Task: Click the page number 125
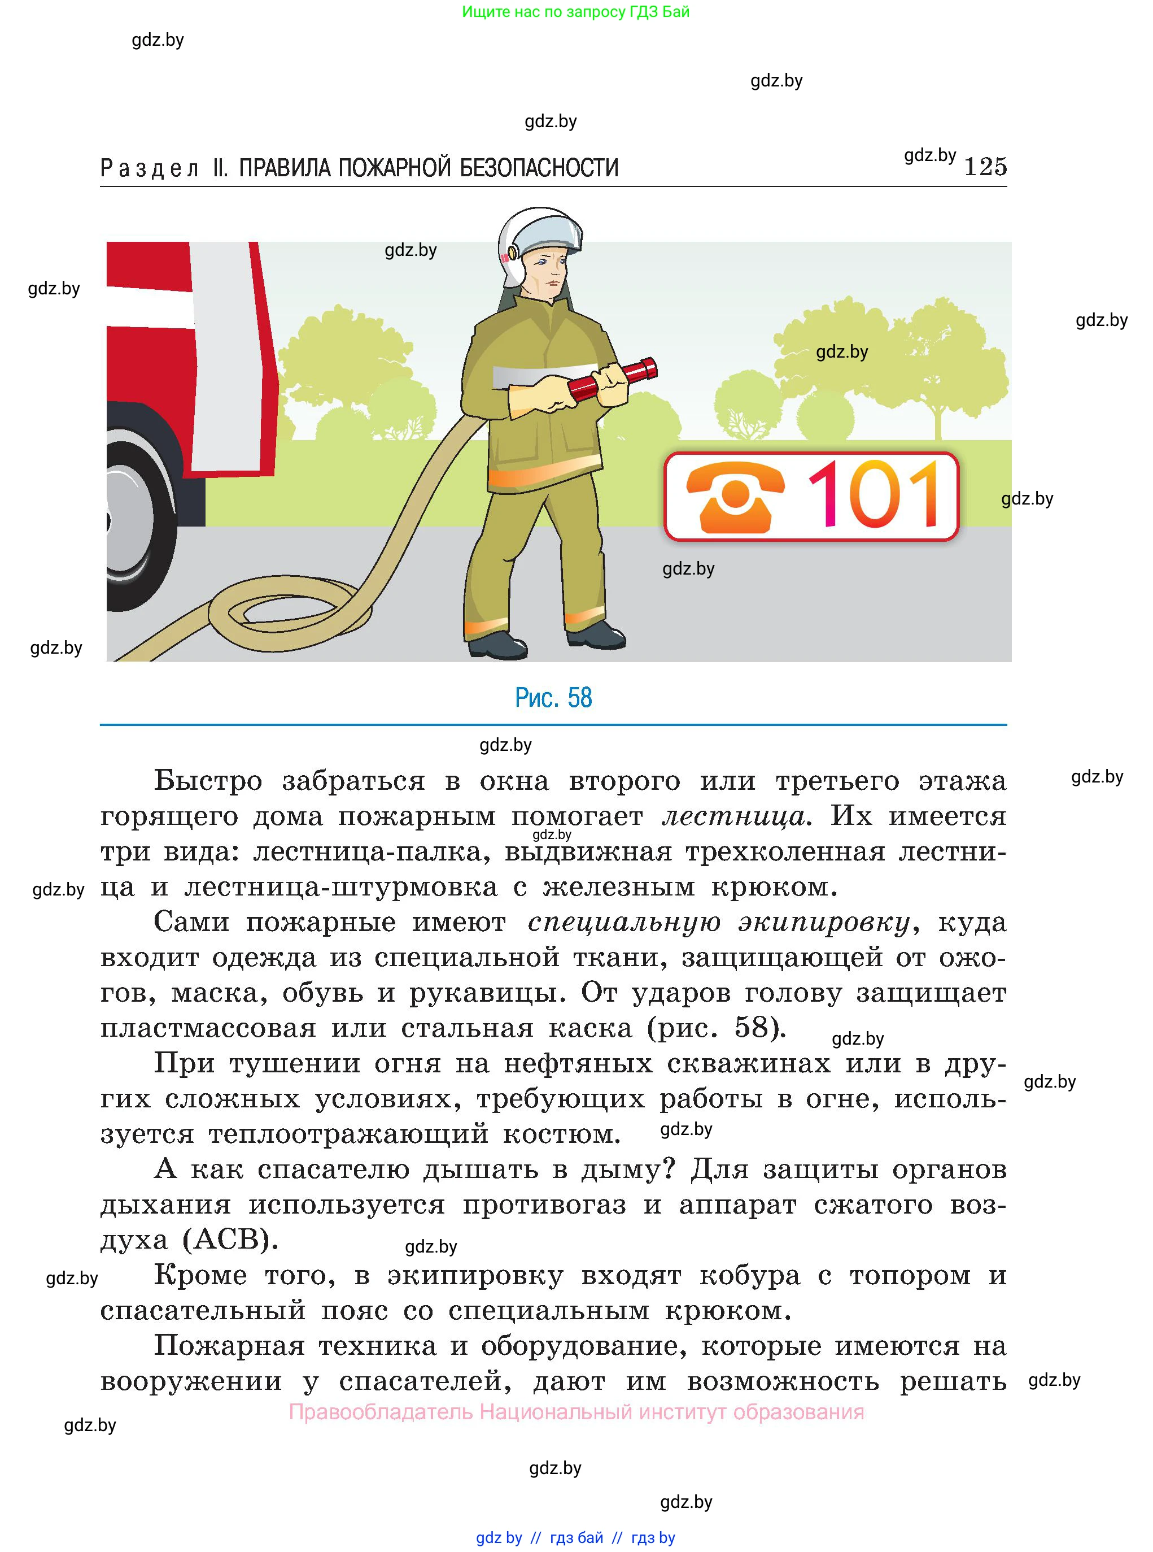[x=985, y=167]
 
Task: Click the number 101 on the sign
[x=875, y=495]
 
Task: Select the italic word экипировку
[x=824, y=922]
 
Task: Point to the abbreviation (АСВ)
[x=230, y=1239]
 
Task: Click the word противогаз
[x=544, y=1205]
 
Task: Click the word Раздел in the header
[x=150, y=168]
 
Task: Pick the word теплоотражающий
[x=348, y=1134]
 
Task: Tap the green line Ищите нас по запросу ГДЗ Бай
[x=576, y=12]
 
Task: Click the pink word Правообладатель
[x=381, y=1412]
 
